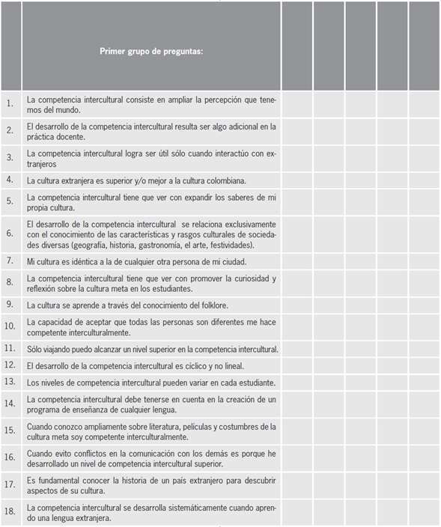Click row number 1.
10,104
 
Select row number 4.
10,180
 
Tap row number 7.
10,261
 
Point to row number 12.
10,365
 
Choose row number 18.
10,513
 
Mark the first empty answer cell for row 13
297,383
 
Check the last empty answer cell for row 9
424,305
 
